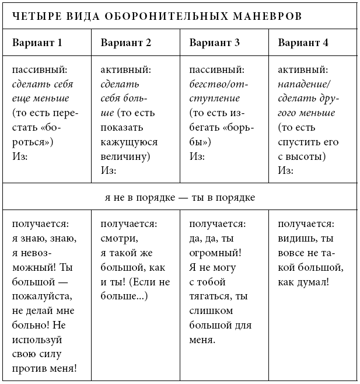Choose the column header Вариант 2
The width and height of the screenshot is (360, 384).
click(126, 43)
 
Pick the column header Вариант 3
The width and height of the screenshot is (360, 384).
click(215, 43)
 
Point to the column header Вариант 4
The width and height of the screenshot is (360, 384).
click(303, 43)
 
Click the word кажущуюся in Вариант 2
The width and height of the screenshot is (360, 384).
click(127, 142)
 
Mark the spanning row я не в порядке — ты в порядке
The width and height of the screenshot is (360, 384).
click(180, 198)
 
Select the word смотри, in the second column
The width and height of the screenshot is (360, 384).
click(119, 238)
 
